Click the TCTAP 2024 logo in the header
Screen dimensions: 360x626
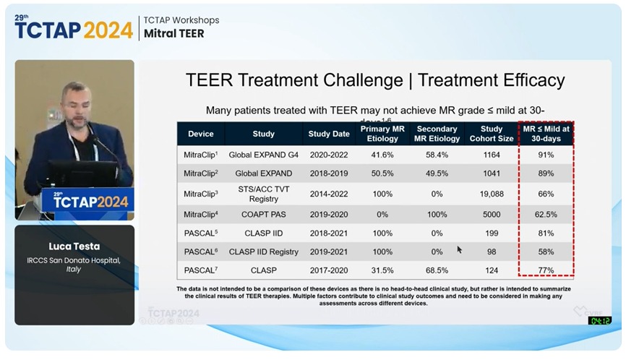[74, 27]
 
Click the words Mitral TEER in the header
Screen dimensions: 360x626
[174, 33]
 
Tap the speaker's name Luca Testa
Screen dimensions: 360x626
[74, 247]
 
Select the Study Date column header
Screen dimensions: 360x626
[328, 134]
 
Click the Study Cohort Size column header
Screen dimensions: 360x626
[491, 134]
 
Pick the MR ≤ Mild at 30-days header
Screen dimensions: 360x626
[546, 134]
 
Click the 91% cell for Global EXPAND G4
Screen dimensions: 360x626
[546, 155]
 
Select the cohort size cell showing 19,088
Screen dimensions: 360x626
[491, 194]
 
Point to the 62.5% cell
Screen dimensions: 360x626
[546, 214]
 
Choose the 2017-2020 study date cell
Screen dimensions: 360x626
[328, 270]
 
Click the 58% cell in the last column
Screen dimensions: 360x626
[546, 252]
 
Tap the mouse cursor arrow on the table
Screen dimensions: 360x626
[459, 249]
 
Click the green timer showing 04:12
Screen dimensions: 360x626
[599, 320]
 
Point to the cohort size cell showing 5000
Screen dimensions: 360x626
[491, 214]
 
